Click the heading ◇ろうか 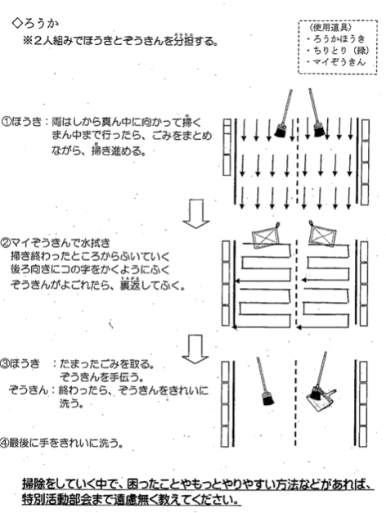[x=35, y=24]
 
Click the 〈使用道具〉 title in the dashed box [x=330, y=27]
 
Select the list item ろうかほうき [x=336, y=39]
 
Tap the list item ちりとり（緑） [x=338, y=51]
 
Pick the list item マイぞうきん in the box [x=336, y=62]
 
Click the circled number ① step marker [x=6, y=122]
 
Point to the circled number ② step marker [x=6, y=243]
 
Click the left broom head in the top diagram [x=280, y=131]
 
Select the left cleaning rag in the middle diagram [x=267, y=236]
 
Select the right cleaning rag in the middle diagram [x=322, y=233]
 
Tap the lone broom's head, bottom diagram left [x=268, y=398]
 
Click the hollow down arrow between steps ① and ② [x=196, y=214]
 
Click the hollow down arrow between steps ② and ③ [x=195, y=349]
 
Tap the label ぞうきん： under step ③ [x=29, y=390]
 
